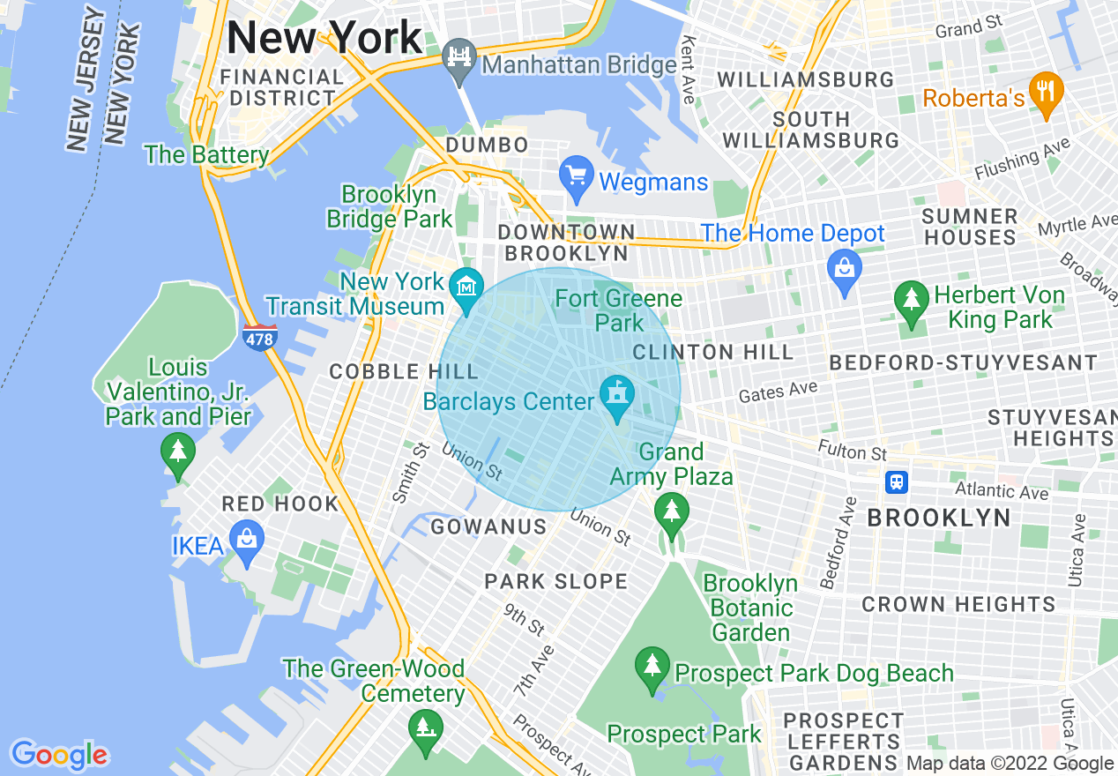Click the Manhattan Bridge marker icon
459,59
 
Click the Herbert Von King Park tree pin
911,301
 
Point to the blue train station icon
896,482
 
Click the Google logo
59,755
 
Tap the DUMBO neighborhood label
488,145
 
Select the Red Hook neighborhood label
280,504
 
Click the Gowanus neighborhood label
488,527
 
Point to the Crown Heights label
958,605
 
